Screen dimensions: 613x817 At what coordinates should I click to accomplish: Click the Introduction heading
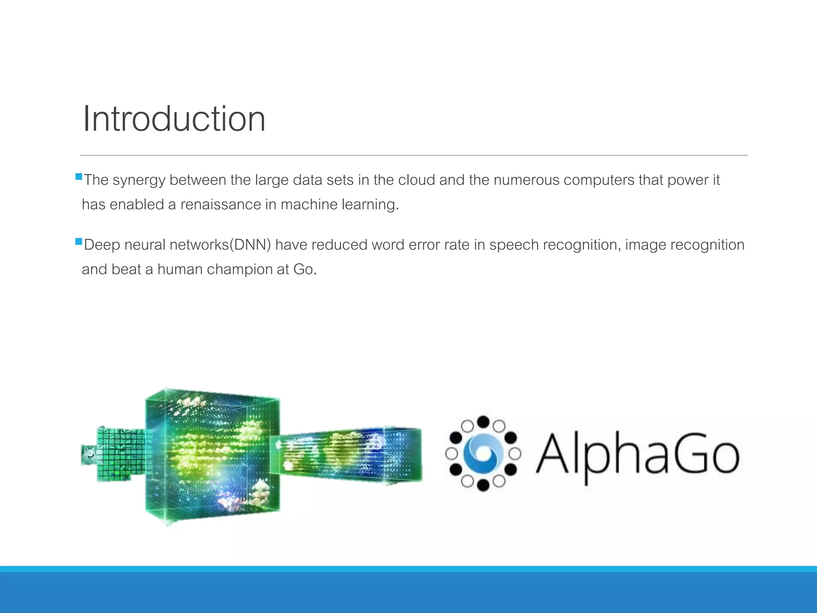coord(174,119)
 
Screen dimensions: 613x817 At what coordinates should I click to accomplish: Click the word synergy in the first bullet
coord(138,180)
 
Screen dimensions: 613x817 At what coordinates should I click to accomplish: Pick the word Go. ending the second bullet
coord(305,269)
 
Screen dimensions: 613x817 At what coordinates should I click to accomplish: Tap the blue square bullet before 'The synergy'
coord(79,176)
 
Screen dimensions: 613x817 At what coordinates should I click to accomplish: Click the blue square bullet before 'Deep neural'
coord(79,241)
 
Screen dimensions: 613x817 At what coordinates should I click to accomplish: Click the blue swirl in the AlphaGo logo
coord(483,454)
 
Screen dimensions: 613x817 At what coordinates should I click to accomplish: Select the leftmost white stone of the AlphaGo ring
coord(452,454)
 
